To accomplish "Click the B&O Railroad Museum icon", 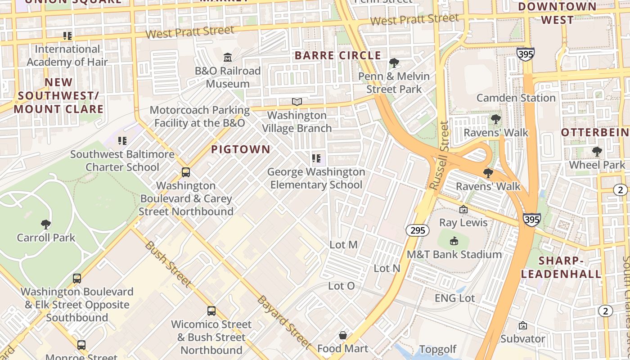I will pyautogui.click(x=228, y=58).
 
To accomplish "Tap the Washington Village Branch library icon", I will pyautogui.click(x=297, y=102).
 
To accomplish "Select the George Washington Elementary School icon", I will pyautogui.click(x=316, y=158).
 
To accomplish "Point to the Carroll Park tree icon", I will pyautogui.click(x=45, y=224).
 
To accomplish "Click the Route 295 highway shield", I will pyautogui.click(x=417, y=230).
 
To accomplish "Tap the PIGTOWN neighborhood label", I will pyautogui.click(x=241, y=149).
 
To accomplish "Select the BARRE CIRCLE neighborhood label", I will pyautogui.click(x=337, y=56).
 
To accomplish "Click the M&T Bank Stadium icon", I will pyautogui.click(x=454, y=241).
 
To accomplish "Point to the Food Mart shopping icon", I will pyautogui.click(x=343, y=335).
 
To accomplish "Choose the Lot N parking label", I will pyautogui.click(x=387, y=268).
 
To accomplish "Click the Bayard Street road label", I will pyautogui.click(x=283, y=322).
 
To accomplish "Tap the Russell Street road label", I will pyautogui.click(x=439, y=155).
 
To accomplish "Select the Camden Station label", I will pyautogui.click(x=516, y=98).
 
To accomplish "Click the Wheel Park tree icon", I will pyautogui.click(x=597, y=152).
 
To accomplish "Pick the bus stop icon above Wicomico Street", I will pyautogui.click(x=211, y=311).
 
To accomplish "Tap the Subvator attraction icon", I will pyautogui.click(x=523, y=325).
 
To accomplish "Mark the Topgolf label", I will pyautogui.click(x=438, y=349).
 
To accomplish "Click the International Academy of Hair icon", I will pyautogui.click(x=67, y=36).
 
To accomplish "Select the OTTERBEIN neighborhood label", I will pyautogui.click(x=595, y=132).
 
